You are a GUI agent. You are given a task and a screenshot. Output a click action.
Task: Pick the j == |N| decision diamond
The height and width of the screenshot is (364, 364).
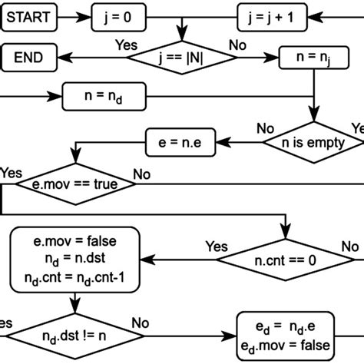click(x=181, y=57)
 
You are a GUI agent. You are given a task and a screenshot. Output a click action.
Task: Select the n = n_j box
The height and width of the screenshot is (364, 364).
click(x=311, y=57)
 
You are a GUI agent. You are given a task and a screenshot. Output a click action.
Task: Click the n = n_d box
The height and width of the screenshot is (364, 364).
click(x=104, y=98)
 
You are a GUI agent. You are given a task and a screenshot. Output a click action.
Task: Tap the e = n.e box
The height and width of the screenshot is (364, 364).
click(x=180, y=141)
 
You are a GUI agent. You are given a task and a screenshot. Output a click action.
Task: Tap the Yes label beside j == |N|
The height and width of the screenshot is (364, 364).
click(x=125, y=43)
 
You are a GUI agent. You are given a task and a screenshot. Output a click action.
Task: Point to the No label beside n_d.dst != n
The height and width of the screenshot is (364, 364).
click(x=141, y=323)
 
